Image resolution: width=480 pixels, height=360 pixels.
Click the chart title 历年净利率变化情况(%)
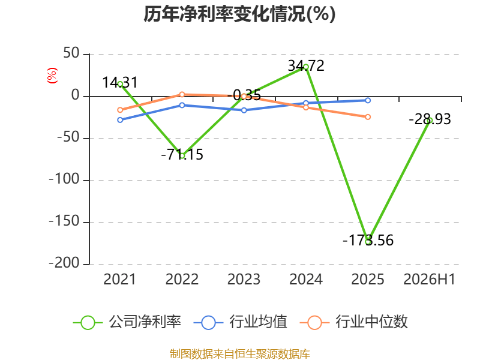coord(239,14)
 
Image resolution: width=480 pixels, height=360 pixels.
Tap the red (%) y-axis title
coord(52,76)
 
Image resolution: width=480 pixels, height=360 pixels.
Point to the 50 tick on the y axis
coord(71,53)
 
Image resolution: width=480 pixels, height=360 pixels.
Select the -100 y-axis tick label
coord(64,179)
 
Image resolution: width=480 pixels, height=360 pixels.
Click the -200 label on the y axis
coord(64,263)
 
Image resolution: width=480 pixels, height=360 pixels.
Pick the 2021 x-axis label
coord(119,279)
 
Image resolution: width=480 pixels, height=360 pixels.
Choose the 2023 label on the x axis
coord(244,279)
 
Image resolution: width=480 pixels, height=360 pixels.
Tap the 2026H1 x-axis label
coord(430,279)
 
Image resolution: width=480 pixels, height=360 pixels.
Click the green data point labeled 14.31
coord(121,84)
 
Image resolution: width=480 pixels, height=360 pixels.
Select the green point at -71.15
coord(182,156)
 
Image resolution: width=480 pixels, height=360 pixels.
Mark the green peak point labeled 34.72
coord(306,67)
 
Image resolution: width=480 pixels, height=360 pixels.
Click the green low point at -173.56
coord(368,242)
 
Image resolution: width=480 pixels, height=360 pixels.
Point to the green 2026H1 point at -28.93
coord(430,121)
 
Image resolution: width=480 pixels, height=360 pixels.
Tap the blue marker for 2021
coord(120,120)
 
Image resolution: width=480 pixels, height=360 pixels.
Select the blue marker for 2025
coord(368,100)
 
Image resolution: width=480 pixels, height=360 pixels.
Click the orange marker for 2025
coord(368,117)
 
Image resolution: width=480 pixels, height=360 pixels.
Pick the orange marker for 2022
coord(182,95)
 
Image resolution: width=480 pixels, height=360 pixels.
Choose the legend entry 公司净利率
coord(127,322)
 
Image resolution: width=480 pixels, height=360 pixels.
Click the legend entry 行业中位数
coord(353,322)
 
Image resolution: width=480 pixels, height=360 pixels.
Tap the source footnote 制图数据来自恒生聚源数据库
coord(240,354)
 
